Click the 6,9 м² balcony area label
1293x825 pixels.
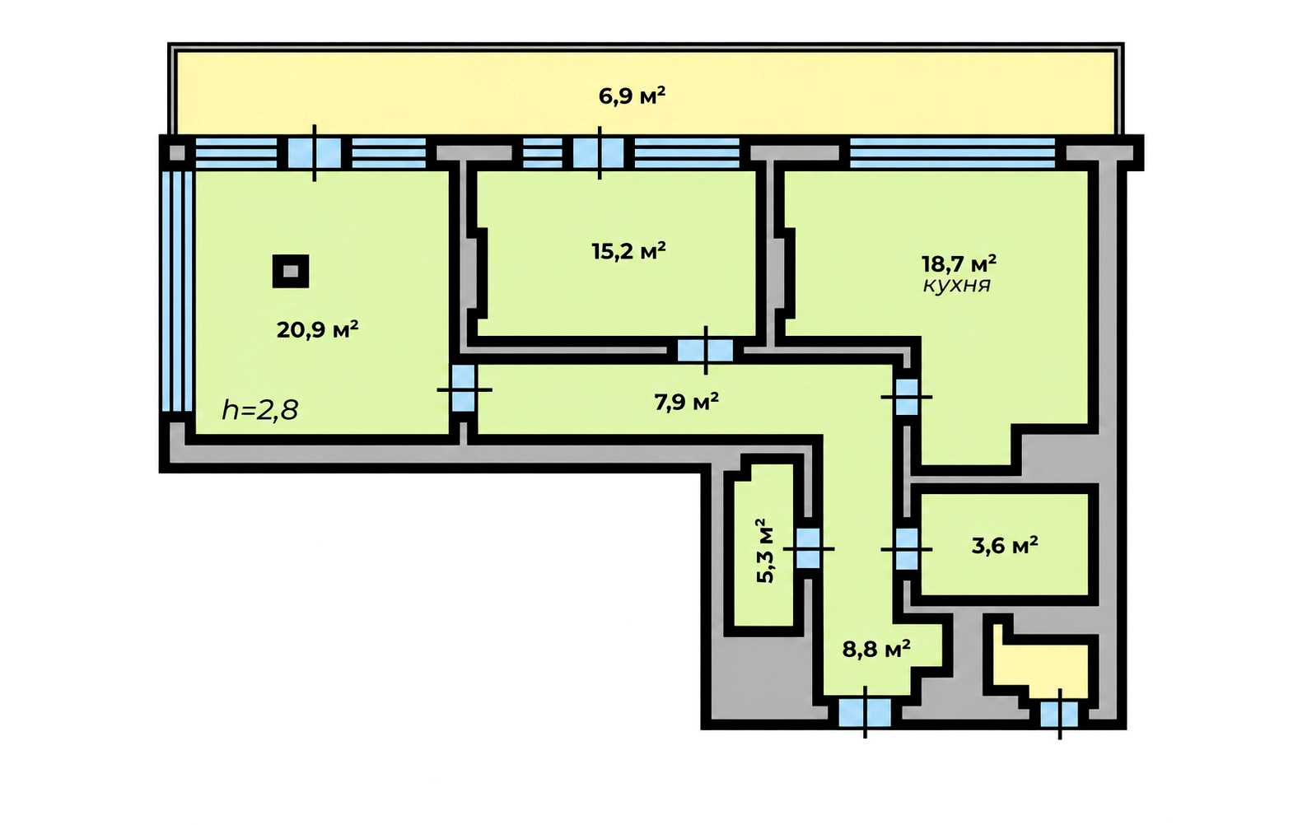coord(632,96)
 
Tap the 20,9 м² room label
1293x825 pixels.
coord(317,330)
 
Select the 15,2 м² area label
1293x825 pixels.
coord(628,252)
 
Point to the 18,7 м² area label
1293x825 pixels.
coord(959,264)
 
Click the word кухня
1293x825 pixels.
coord(957,285)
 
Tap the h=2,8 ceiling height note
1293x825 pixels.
coord(260,411)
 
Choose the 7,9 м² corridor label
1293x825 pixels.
coord(686,402)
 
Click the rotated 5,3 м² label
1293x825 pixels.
coord(765,551)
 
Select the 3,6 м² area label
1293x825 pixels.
coord(1005,545)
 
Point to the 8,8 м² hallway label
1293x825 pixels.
coord(877,649)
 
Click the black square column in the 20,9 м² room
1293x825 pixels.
coord(291,271)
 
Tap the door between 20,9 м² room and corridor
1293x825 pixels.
coord(464,389)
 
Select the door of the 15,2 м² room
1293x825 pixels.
coord(705,350)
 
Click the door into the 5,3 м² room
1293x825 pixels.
coord(808,548)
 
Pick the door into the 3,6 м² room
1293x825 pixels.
coord(906,549)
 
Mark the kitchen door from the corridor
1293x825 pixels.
coord(906,397)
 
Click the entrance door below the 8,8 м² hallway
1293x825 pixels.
coord(865,713)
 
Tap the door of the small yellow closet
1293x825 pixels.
coord(1059,714)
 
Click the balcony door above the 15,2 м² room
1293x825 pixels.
coord(599,153)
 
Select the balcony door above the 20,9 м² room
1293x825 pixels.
coord(314,153)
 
